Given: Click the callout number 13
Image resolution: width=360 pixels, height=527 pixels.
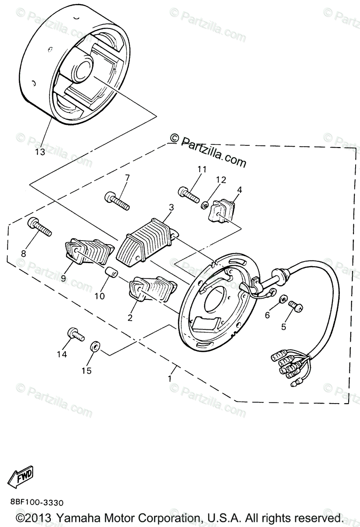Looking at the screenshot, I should (x=40, y=152).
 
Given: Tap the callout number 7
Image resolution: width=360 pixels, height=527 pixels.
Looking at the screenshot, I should (x=127, y=178).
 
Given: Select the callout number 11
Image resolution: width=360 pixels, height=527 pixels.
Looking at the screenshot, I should (x=202, y=169).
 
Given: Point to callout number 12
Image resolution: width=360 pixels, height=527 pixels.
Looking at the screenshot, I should (x=220, y=180).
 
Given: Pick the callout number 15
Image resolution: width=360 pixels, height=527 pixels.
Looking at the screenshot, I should (x=86, y=371).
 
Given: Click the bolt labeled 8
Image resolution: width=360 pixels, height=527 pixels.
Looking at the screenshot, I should (x=40, y=227).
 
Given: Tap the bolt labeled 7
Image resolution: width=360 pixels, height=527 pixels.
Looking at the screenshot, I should (x=117, y=201).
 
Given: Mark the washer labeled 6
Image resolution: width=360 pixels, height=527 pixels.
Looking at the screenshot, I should (x=283, y=299).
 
